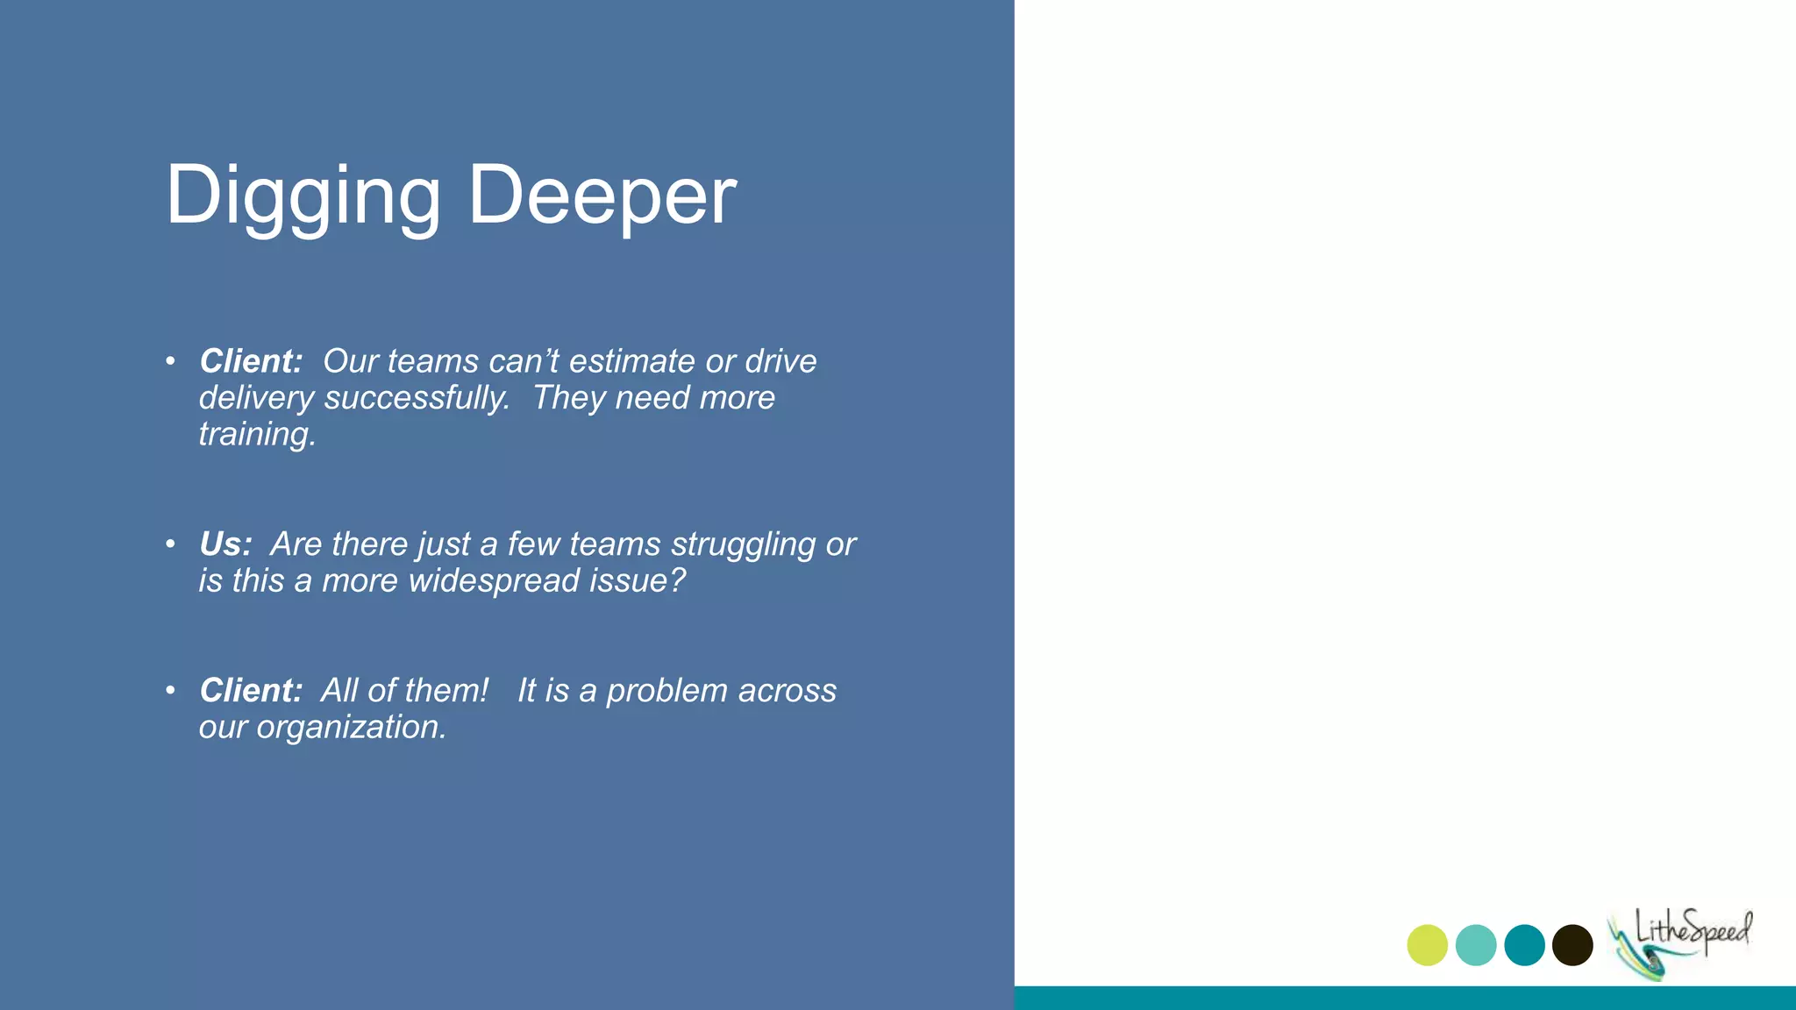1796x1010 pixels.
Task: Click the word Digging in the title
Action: [303, 196]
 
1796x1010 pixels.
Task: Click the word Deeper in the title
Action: [602, 196]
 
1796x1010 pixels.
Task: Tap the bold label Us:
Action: [225, 544]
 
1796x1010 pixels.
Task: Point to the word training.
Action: [257, 434]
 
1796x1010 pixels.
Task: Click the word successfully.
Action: [417, 398]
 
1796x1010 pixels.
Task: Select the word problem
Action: [666, 691]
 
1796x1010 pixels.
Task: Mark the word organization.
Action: [351, 727]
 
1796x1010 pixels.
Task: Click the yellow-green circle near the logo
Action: [1427, 945]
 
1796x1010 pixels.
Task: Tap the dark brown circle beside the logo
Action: [1572, 945]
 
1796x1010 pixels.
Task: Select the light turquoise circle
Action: [1476, 945]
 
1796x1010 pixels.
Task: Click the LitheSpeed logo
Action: [1680, 941]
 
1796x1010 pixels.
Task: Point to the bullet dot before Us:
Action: [170, 544]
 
